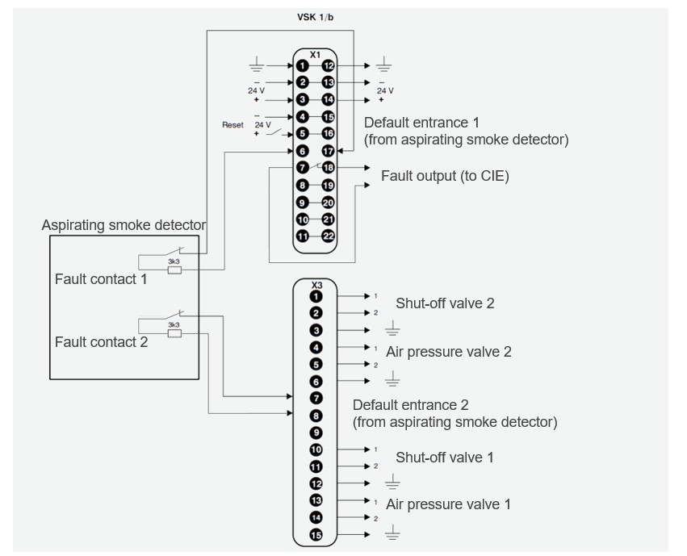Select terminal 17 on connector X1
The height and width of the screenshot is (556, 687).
pyautogui.click(x=328, y=150)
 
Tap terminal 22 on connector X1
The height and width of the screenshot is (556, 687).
pyautogui.click(x=328, y=236)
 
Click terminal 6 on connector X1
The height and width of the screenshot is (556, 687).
pyautogui.click(x=301, y=150)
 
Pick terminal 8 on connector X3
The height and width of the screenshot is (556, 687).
pyautogui.click(x=316, y=416)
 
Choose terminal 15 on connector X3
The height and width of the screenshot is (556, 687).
pyautogui.click(x=316, y=534)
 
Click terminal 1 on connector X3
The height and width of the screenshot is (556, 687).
pyautogui.click(x=316, y=297)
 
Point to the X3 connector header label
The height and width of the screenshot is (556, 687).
pyautogui.click(x=316, y=285)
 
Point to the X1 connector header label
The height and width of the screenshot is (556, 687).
pyautogui.click(x=315, y=53)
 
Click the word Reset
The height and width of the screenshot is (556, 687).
pyautogui.click(x=232, y=125)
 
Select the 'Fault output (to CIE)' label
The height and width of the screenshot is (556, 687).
pyautogui.click(x=445, y=176)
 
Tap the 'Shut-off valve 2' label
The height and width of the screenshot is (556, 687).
pyautogui.click(x=444, y=303)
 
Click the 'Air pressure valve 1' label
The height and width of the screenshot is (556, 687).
pyautogui.click(x=448, y=504)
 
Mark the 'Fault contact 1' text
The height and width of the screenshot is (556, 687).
pyautogui.click(x=101, y=279)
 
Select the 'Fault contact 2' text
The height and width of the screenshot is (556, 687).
pyautogui.click(x=101, y=342)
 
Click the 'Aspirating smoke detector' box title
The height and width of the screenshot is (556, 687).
pyautogui.click(x=124, y=226)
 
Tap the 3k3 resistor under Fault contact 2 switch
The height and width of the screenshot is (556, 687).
pyautogui.click(x=174, y=332)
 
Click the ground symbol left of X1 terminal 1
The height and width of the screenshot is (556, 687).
pyautogui.click(x=256, y=65)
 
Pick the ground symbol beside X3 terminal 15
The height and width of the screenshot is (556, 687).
pyautogui.click(x=392, y=533)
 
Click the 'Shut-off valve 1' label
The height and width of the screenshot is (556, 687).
pyautogui.click(x=444, y=458)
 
